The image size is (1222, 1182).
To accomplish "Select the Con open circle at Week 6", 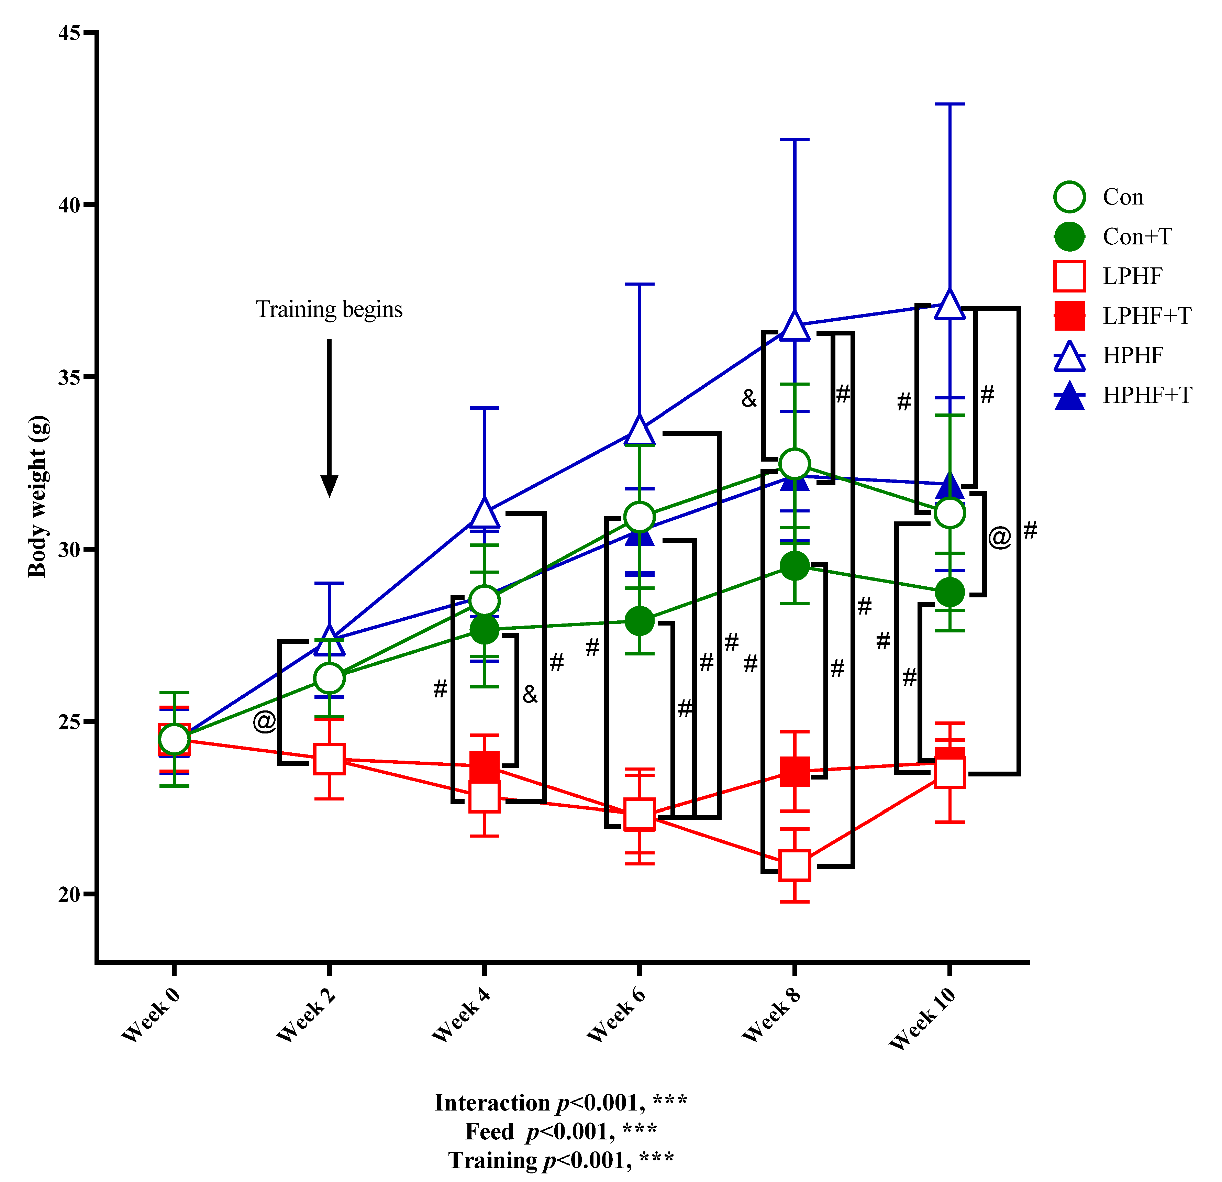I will click(639, 517).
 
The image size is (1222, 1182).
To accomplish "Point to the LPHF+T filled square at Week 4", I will click(485, 766).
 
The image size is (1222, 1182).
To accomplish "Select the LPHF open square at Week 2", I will click(329, 759).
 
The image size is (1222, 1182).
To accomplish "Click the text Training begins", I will click(329, 309).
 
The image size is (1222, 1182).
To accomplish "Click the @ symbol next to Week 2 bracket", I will click(264, 722).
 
